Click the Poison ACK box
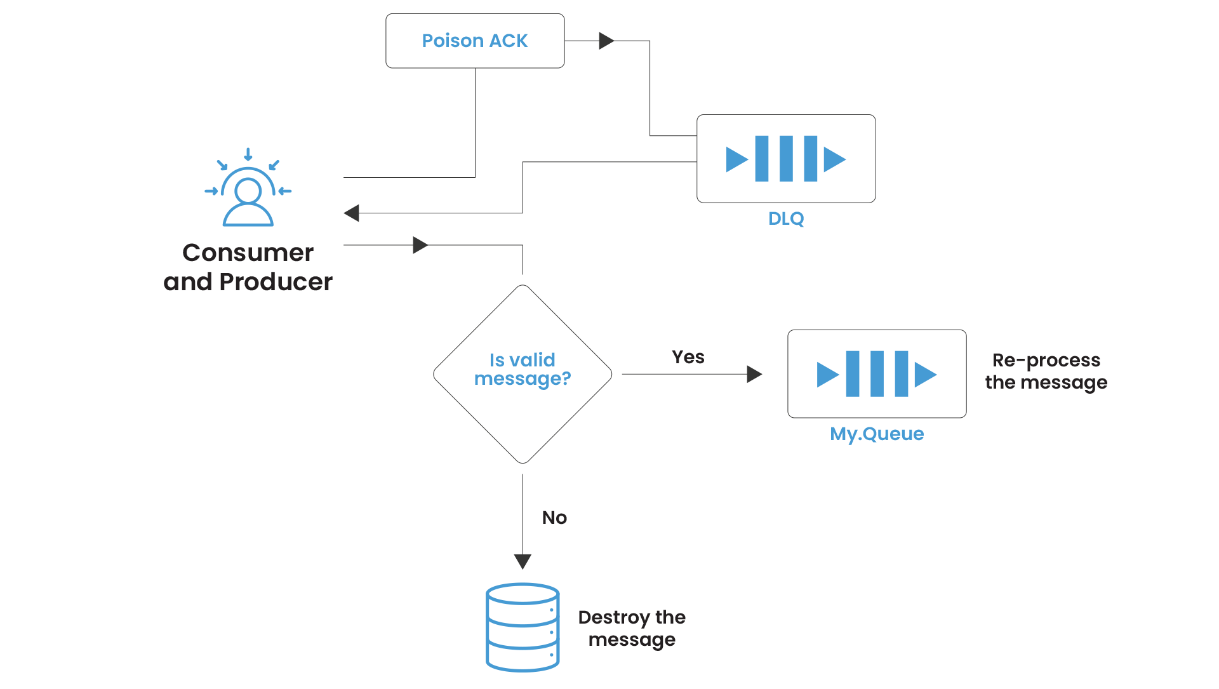475,41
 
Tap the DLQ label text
786,218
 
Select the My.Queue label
877,434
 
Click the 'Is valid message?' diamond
523,373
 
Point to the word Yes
688,357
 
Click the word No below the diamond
554,518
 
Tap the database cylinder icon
523,627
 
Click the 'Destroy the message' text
632,628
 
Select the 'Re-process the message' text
1046,371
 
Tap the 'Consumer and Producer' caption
248,267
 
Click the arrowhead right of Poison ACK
606,41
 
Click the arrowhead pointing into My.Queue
754,374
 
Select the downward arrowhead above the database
523,561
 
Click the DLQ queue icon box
786,159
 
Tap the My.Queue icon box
877,373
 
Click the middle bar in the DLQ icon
786,159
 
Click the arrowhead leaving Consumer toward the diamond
420,245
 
